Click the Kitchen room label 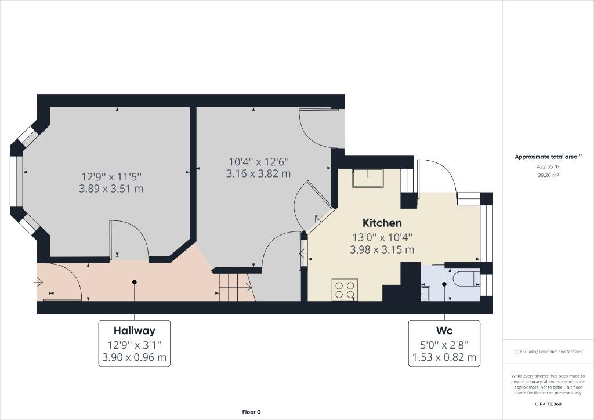pos(382,223)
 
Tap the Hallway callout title pos(135,331)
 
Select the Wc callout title pos(444,331)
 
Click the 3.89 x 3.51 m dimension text pos(111,189)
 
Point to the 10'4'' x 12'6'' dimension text pos(259,162)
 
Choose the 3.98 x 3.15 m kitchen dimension pos(382,249)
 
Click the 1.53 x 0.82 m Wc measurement pos(444,357)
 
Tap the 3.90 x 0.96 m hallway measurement pos(135,357)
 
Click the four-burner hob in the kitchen pos(345,289)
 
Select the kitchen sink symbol pos(367,178)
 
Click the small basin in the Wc pos(425,294)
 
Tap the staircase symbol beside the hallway pos(236,288)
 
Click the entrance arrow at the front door pos(38,281)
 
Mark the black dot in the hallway pos(135,282)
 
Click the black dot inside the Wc pos(444,284)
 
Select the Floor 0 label pos(252,412)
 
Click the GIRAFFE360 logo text pos(548,404)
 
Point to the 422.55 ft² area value pos(548,166)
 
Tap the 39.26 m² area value pos(548,175)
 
